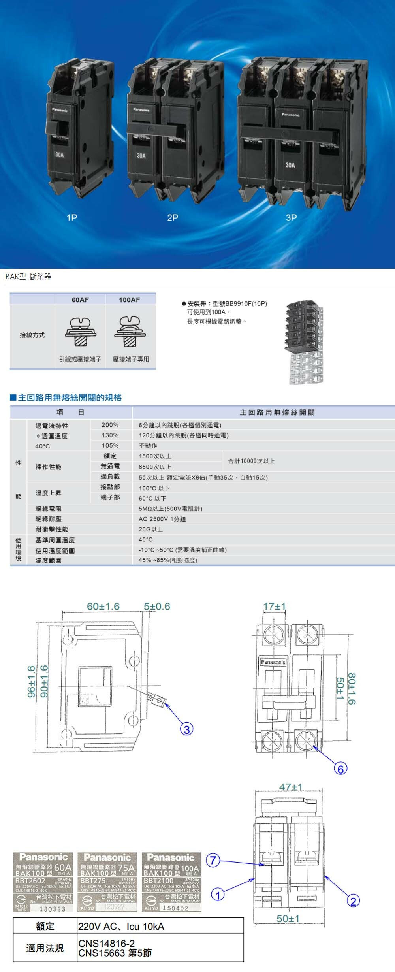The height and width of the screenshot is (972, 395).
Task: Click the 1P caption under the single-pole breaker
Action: point(71,218)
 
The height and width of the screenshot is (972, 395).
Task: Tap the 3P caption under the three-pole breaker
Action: point(291,218)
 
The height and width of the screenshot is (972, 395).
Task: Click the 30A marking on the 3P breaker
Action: point(290,165)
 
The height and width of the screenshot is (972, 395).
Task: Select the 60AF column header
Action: point(80,300)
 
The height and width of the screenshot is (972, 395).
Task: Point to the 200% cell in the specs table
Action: point(110,425)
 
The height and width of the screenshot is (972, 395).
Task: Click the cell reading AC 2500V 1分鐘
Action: point(162,519)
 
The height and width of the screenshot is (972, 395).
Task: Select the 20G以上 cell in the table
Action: point(150,529)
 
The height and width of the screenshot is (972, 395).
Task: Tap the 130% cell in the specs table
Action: point(110,435)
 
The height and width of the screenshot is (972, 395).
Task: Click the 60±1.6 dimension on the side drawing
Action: point(103,607)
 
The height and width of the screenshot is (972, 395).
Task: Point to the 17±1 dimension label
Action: point(275,607)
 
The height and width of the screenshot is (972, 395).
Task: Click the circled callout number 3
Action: point(186,729)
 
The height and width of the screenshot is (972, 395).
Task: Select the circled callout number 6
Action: point(340,769)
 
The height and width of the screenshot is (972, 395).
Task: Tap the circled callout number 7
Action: point(213,860)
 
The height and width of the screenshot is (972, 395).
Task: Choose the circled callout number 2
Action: point(353,901)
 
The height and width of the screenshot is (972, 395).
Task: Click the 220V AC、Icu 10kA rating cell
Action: point(121,927)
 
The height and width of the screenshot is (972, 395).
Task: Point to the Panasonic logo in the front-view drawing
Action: point(273,662)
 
